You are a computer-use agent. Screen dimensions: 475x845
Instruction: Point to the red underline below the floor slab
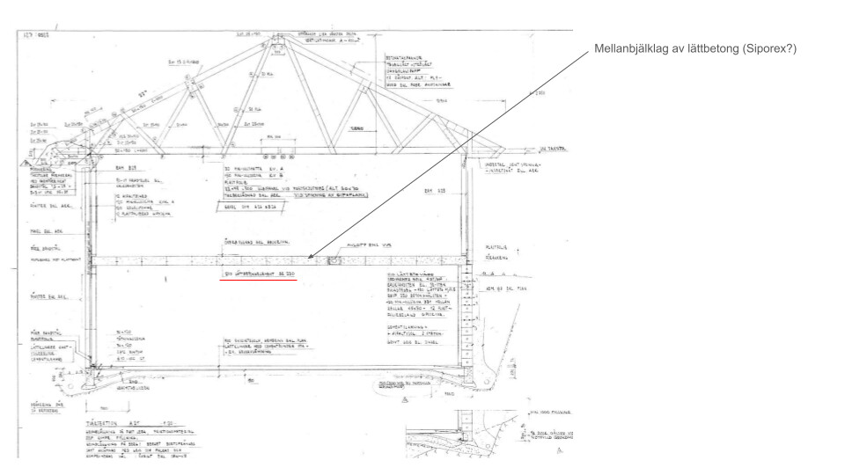[x=260, y=281]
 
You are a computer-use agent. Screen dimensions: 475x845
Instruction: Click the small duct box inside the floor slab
[x=333, y=260]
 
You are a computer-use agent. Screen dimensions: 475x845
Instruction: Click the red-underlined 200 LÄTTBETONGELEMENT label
[x=259, y=276]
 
